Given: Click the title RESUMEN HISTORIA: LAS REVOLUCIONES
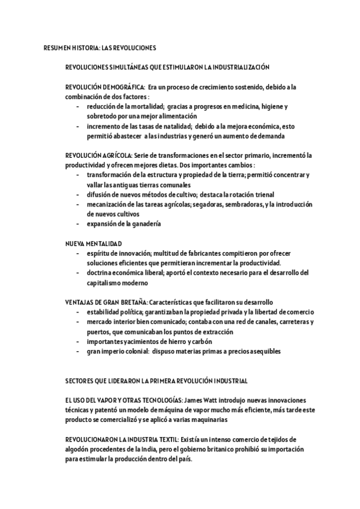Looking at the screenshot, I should (100, 47).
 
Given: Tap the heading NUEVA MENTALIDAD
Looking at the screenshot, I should (94, 243).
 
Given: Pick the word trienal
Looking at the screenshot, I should (262, 194).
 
